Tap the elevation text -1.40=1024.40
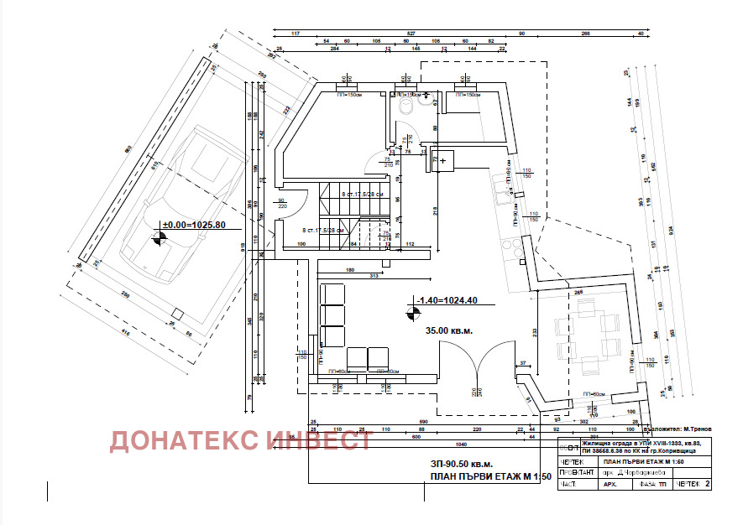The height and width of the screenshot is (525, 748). pos(447,299)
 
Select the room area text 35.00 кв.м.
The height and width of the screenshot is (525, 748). pos(449,331)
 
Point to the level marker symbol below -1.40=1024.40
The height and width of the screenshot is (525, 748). pos(412,314)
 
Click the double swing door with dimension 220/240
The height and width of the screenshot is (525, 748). pos(475,369)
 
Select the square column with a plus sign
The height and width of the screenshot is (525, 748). pos(442,160)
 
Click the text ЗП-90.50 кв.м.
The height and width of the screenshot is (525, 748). pos(462,464)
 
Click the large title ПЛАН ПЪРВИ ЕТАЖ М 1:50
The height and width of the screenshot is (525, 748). pos(489,477)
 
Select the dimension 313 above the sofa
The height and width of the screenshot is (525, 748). pos(351,278)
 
